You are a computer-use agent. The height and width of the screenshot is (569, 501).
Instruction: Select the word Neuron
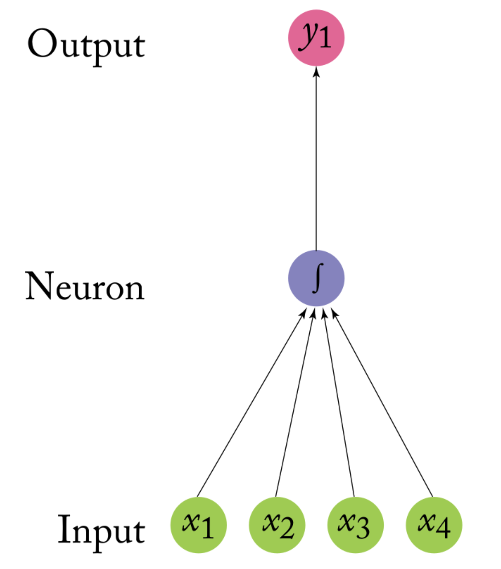[x=85, y=287]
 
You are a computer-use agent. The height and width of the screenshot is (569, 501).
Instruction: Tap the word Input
[x=101, y=529]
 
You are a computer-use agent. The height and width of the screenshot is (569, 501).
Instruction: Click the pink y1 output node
[x=316, y=38]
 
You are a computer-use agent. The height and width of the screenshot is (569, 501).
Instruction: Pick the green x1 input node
[x=198, y=525]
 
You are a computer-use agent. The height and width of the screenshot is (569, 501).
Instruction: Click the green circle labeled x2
[x=277, y=525]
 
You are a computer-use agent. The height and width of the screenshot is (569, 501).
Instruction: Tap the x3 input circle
[x=355, y=525]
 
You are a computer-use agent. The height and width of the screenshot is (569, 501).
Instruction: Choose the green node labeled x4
[x=434, y=525]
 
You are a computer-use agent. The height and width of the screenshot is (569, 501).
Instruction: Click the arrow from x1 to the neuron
[x=250, y=403]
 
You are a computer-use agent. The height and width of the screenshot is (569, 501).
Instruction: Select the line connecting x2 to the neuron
[x=295, y=403]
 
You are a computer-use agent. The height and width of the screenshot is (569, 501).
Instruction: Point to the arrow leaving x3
[x=339, y=403]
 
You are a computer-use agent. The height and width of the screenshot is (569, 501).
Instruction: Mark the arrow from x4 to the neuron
[x=382, y=403]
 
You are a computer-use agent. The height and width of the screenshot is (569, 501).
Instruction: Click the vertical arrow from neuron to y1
[x=316, y=157]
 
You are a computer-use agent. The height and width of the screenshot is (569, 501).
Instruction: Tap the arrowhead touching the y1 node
[x=316, y=71]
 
